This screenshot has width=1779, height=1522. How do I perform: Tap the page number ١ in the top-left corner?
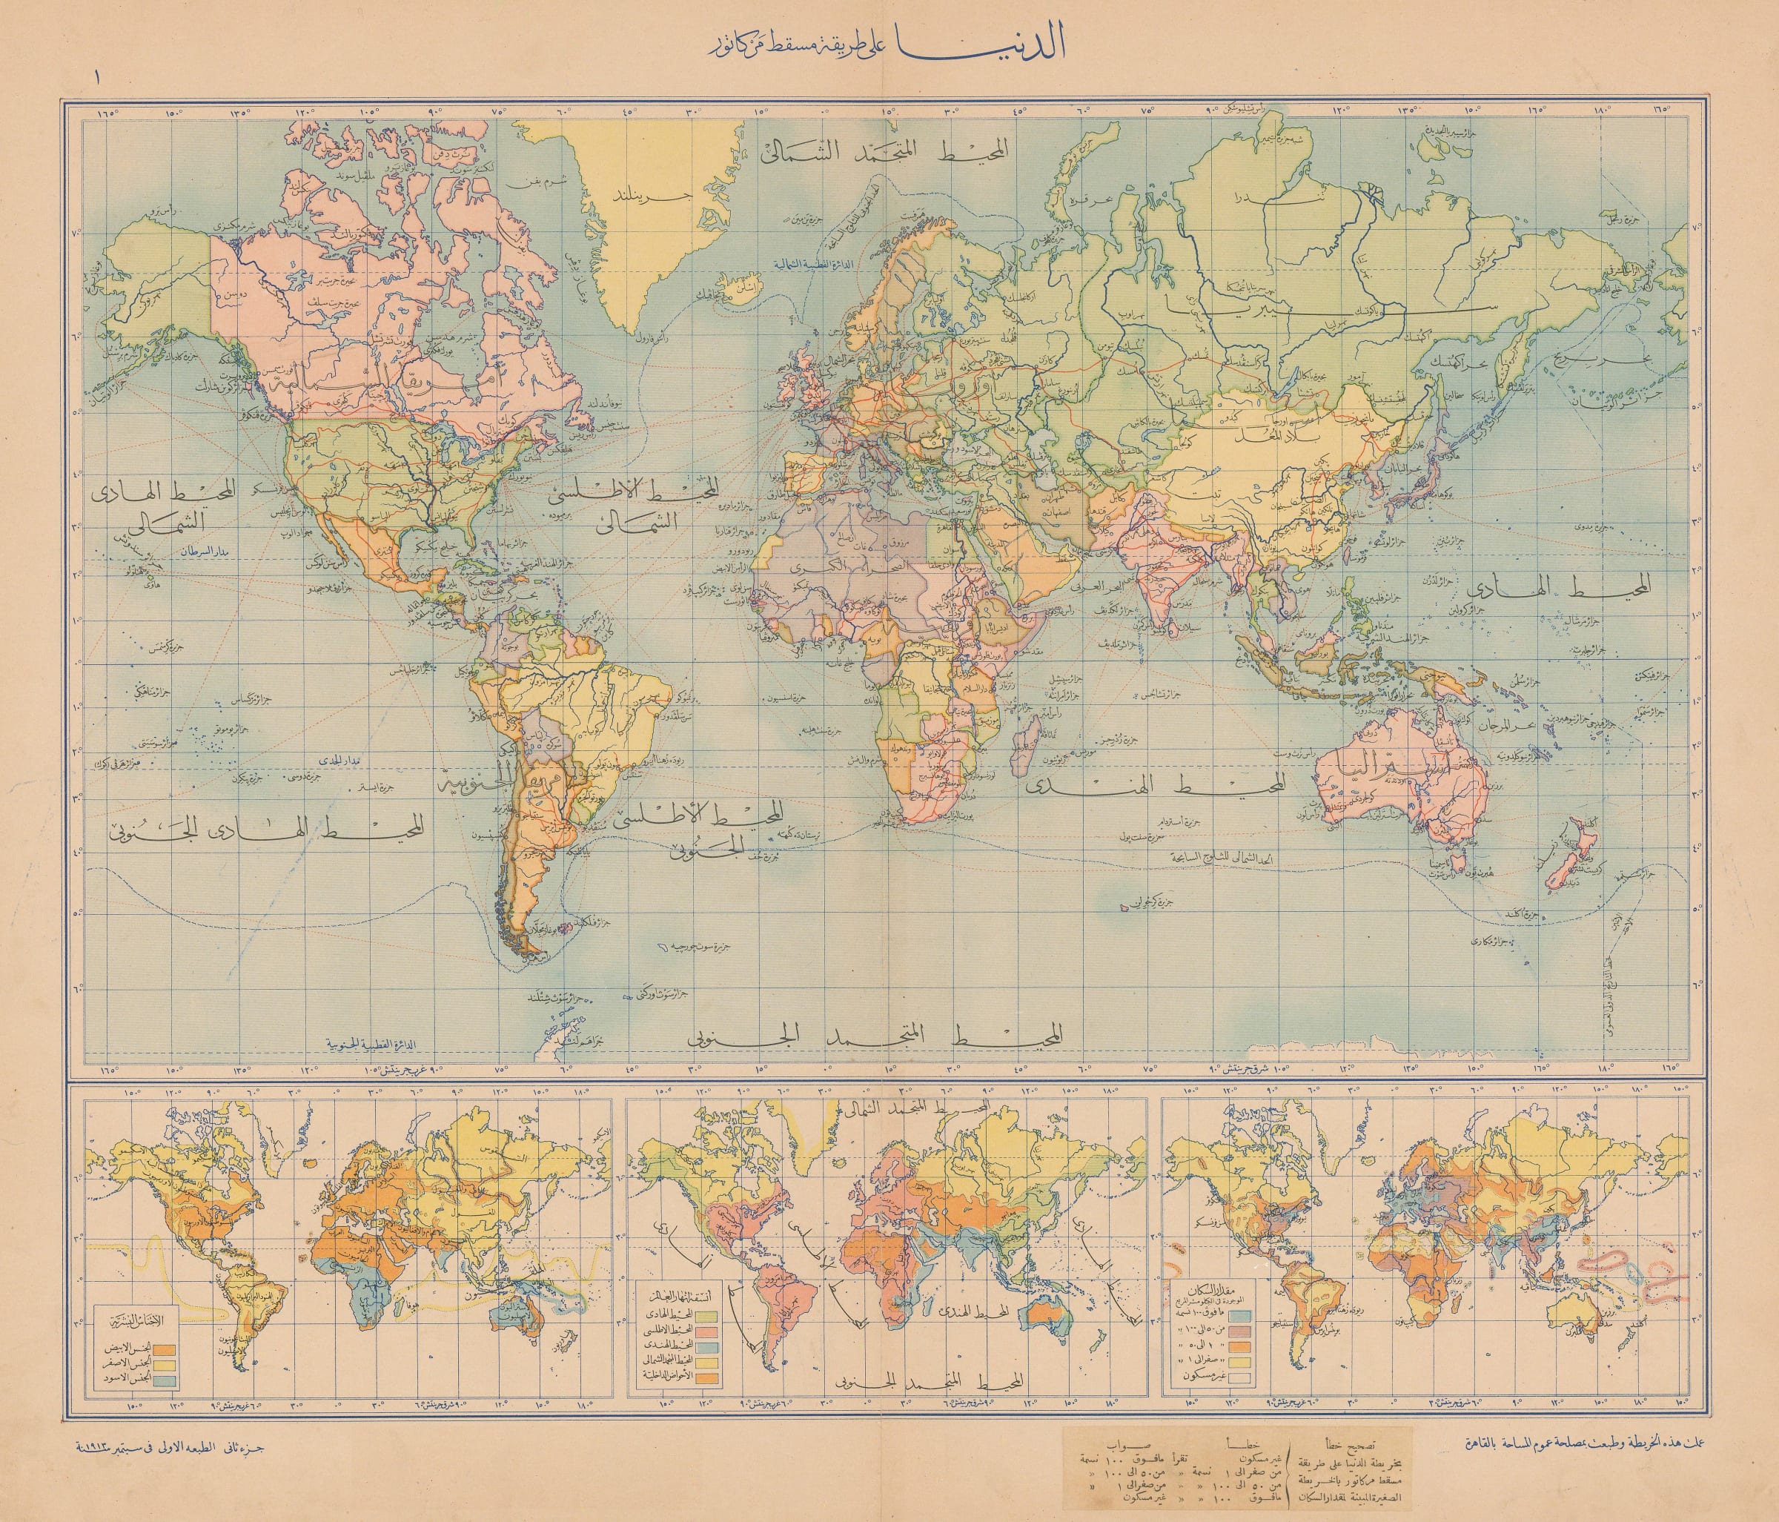[x=97, y=76]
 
